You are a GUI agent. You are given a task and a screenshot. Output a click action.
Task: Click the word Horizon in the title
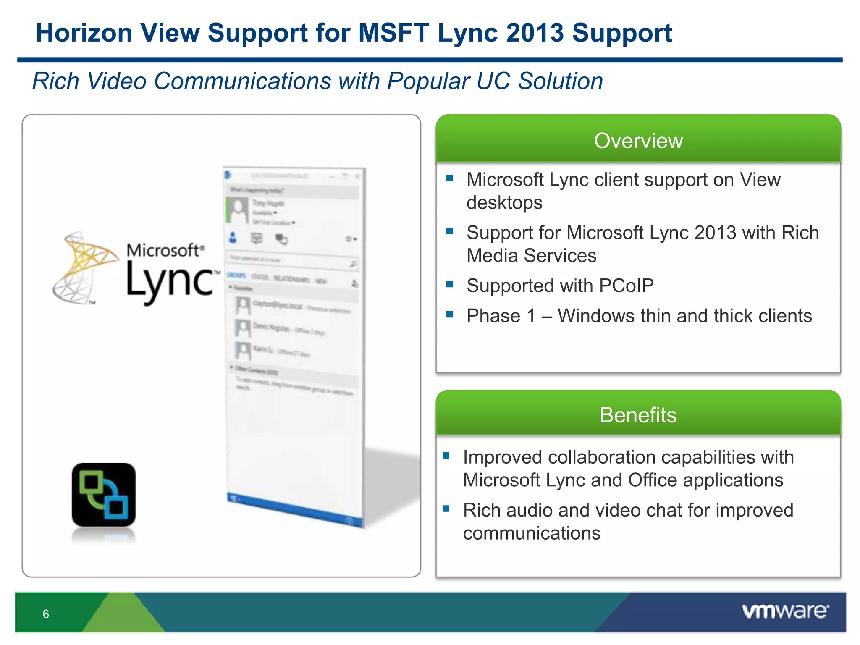tap(84, 33)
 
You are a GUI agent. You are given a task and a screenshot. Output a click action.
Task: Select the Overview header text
tap(638, 141)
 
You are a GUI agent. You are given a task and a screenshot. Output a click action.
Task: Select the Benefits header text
tap(638, 415)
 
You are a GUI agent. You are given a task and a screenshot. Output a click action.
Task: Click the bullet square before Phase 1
tap(450, 315)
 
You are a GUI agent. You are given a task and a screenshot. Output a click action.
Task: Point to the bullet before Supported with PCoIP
tap(450, 284)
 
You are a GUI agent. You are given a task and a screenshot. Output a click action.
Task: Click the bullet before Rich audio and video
tap(446, 509)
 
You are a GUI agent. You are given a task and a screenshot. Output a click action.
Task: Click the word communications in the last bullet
tap(532, 533)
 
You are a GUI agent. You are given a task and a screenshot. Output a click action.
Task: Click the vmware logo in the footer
tap(785, 611)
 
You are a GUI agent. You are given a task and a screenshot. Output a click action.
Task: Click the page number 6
tap(46, 614)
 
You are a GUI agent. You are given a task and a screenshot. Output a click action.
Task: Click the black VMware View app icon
tap(104, 495)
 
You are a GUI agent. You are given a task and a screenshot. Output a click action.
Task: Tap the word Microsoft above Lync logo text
tap(164, 250)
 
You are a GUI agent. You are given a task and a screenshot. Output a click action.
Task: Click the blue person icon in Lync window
tap(233, 238)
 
